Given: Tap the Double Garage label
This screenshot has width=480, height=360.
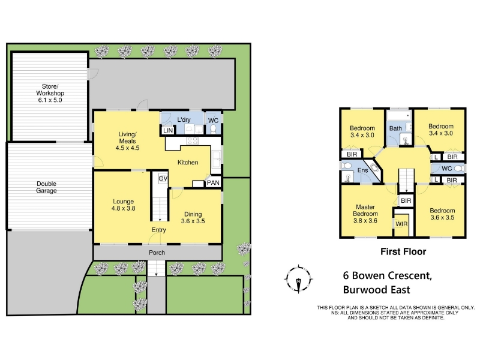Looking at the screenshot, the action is click(x=47, y=187).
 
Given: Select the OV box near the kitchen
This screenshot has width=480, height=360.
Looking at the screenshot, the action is click(x=163, y=178).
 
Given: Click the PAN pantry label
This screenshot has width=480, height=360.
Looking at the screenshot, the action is click(x=213, y=183).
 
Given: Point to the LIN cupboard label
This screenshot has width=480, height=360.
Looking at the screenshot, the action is click(x=168, y=130).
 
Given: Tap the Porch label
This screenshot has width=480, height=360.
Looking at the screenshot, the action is click(x=157, y=253).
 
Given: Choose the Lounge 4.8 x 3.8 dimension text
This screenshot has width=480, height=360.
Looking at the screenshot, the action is click(x=124, y=208).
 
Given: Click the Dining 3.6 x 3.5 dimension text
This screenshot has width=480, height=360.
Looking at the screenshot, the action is click(x=193, y=221).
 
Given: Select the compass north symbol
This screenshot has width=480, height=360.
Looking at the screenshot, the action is click(x=298, y=279).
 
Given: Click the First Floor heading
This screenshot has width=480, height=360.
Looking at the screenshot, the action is click(x=403, y=251).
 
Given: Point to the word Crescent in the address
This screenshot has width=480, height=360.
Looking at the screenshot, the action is click(x=410, y=275).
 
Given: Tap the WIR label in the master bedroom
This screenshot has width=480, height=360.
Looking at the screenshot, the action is click(x=401, y=224).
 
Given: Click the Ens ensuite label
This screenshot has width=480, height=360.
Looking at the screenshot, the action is click(x=362, y=170).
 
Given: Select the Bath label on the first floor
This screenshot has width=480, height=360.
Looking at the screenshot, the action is click(x=395, y=128).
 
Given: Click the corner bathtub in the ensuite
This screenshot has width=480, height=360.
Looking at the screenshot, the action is click(x=374, y=168).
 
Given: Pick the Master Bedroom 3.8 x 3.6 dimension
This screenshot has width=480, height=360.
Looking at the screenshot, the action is click(x=365, y=221).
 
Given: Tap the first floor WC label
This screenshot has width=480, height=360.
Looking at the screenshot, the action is click(x=446, y=169).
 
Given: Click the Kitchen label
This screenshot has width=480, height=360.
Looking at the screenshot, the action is click(x=188, y=163).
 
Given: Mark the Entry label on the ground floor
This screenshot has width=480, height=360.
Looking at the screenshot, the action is click(x=159, y=230).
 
